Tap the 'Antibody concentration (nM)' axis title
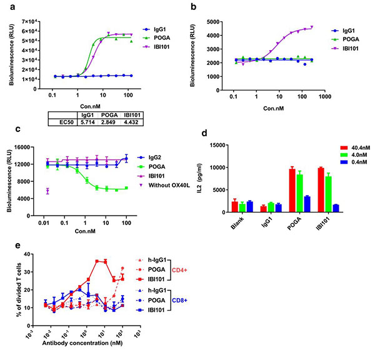79,343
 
